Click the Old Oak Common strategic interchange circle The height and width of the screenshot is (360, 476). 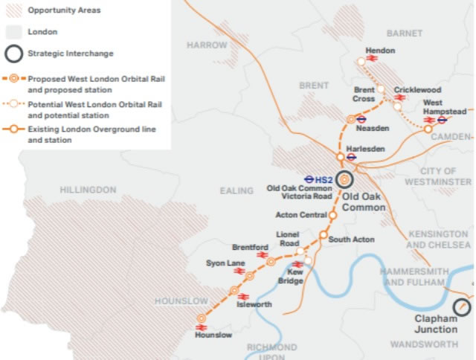coord(344,179)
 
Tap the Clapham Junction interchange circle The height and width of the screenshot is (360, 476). coord(462,306)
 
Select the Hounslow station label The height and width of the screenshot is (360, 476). coord(214,335)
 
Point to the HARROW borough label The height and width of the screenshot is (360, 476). coord(206,45)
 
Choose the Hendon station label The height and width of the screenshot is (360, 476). coord(381,51)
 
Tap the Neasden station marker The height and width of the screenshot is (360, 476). coord(350,118)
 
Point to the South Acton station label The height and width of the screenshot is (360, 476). coord(351,240)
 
